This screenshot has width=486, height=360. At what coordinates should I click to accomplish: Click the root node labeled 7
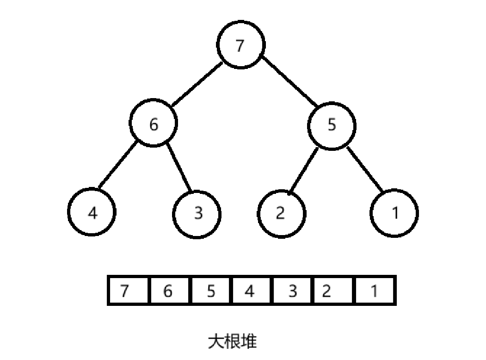pyautogui.click(x=240, y=45)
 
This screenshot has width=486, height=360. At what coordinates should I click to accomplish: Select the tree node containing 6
pyautogui.click(x=154, y=124)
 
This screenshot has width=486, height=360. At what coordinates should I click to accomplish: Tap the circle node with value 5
pyautogui.click(x=332, y=125)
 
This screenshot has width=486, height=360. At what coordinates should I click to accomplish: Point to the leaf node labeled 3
pyautogui.click(x=197, y=213)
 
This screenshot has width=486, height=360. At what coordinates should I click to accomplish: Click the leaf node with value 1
pyautogui.click(x=394, y=213)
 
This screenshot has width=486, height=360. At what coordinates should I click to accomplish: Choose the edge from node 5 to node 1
pyautogui.click(x=365, y=169)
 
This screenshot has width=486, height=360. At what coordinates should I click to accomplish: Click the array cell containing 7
pyautogui.click(x=128, y=291)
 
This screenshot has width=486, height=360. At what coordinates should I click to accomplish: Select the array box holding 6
pyautogui.click(x=169, y=291)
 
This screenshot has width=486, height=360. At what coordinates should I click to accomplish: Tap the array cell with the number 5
pyautogui.click(x=210, y=291)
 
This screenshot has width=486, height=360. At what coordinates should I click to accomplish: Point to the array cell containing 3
pyautogui.click(x=292, y=291)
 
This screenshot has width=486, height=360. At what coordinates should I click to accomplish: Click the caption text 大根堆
pyautogui.click(x=232, y=341)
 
